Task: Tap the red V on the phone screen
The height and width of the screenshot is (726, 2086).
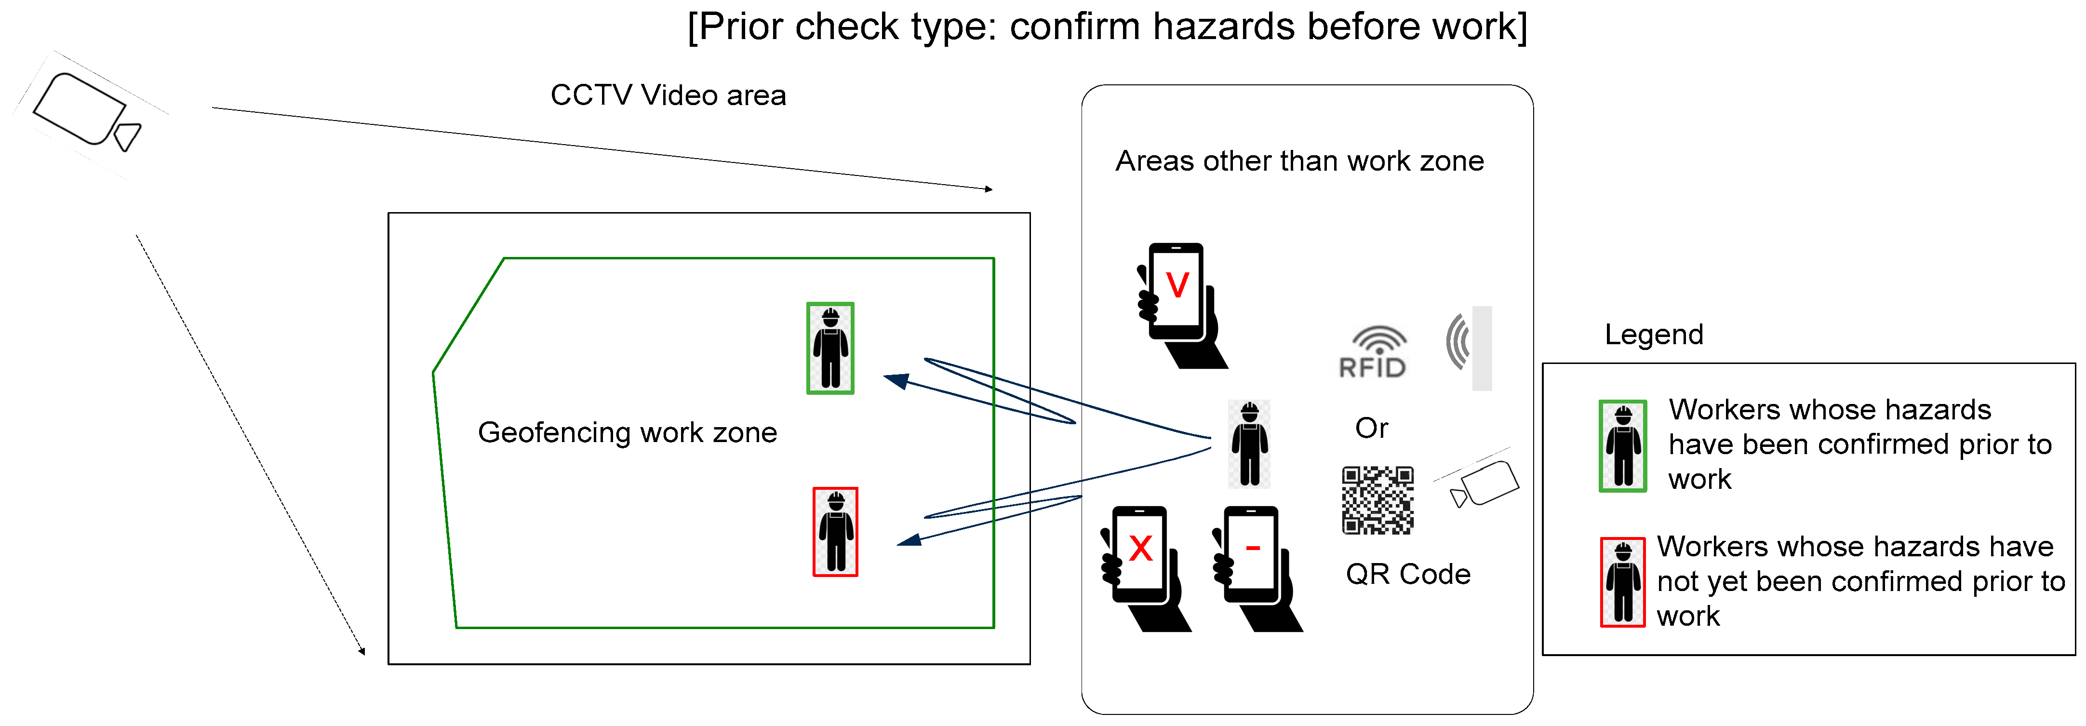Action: coord(1177,285)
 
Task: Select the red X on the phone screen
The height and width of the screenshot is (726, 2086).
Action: coord(1140,549)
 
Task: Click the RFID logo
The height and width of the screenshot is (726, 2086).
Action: coord(1373,354)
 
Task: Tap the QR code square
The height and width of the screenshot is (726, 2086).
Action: coord(1377,500)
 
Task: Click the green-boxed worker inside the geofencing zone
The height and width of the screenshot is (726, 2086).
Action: coord(830,349)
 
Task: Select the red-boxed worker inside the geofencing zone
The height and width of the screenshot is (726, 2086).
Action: coord(835,532)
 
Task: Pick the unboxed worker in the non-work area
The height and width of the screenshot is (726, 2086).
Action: coord(1249,444)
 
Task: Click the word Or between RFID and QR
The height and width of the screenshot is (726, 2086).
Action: coord(1371,428)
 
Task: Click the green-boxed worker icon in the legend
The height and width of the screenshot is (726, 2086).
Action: coord(1622,445)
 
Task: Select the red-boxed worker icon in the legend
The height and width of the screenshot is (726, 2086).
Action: coord(1622,582)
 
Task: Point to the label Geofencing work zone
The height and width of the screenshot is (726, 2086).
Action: coord(627,433)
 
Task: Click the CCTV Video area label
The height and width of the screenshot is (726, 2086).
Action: coord(668,95)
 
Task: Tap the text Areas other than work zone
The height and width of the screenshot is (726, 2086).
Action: coord(1299,161)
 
